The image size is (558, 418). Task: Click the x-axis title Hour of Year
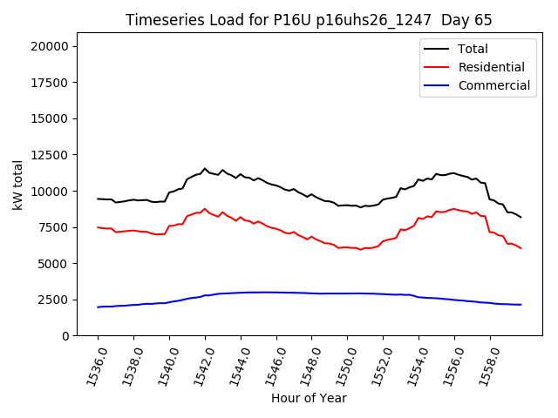[x=309, y=398]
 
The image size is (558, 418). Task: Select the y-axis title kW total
[x=17, y=185]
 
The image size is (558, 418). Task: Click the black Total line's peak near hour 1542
[x=205, y=169]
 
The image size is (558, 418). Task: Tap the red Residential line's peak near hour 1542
[x=205, y=209]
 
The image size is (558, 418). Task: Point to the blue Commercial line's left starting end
[x=98, y=307]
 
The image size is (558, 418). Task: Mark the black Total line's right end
[x=521, y=217]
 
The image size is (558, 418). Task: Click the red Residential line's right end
[x=521, y=248]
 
